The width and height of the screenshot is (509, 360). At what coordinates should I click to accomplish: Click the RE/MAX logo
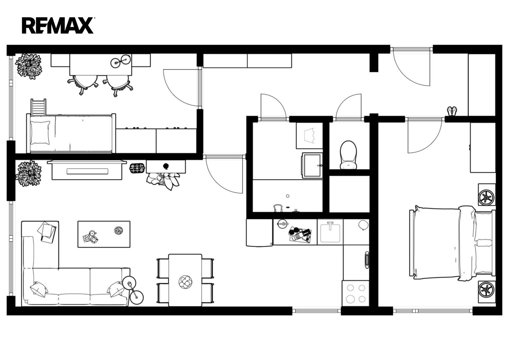(58, 25)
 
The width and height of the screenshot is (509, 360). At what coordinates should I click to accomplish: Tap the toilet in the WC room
(348, 155)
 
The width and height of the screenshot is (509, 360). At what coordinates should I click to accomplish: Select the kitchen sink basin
(330, 233)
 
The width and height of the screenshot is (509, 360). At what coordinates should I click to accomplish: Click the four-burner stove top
(356, 293)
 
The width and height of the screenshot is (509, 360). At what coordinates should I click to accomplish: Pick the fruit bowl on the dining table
(185, 282)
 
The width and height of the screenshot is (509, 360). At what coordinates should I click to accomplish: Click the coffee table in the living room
(104, 234)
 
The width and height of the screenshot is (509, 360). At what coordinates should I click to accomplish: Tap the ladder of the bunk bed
(38, 107)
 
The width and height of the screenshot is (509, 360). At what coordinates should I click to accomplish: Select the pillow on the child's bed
(40, 133)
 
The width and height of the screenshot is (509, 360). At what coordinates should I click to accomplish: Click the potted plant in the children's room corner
(29, 66)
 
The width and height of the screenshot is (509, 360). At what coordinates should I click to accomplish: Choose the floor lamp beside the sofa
(133, 290)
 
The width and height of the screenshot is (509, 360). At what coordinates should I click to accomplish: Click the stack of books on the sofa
(47, 232)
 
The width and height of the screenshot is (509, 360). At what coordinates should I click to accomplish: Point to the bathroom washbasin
(312, 165)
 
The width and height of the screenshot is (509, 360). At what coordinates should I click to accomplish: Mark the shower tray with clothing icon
(309, 136)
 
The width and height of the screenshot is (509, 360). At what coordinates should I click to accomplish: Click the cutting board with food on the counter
(300, 235)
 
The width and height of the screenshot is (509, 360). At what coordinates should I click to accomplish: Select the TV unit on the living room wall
(87, 170)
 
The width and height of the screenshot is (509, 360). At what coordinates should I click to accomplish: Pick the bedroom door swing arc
(425, 136)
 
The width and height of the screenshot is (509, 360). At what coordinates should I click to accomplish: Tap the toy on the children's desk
(120, 61)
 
